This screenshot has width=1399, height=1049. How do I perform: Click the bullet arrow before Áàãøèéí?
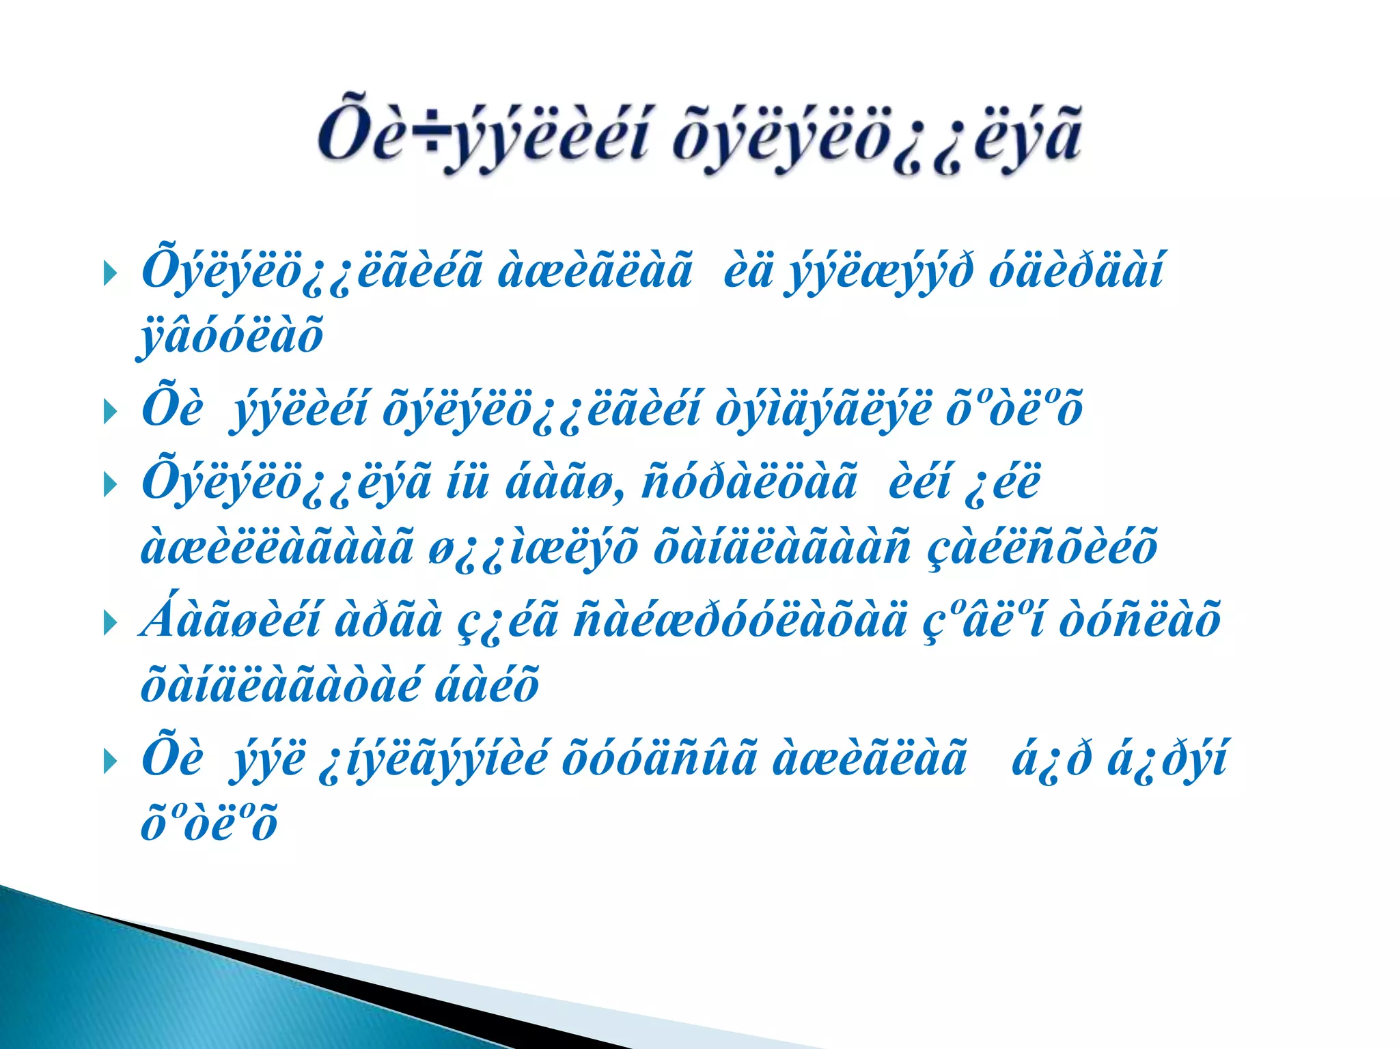[110, 623]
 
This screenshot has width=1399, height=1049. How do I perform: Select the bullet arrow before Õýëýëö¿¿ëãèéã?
[110, 275]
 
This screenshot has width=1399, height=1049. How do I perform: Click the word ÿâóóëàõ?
[231, 337]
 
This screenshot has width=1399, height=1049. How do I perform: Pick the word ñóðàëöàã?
[749, 483]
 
